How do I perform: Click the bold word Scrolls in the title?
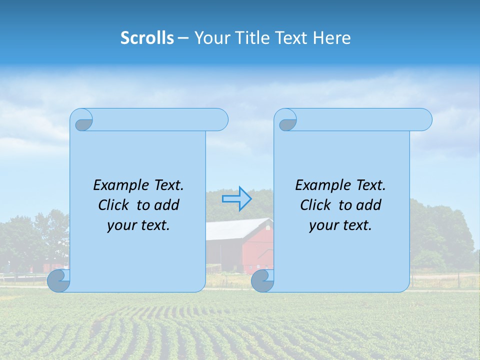coord(147,38)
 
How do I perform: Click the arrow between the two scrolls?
coord(236,199)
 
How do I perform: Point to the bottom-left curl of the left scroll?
coord(58,280)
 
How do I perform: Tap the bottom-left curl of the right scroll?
coord(262,280)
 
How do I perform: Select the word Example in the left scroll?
coord(118,185)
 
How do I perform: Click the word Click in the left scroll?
coord(114,205)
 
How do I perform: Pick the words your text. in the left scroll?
coord(138,225)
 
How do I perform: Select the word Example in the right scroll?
coord(320,185)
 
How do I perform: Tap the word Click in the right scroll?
coord(316,205)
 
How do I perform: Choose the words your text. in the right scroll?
coord(340,225)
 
